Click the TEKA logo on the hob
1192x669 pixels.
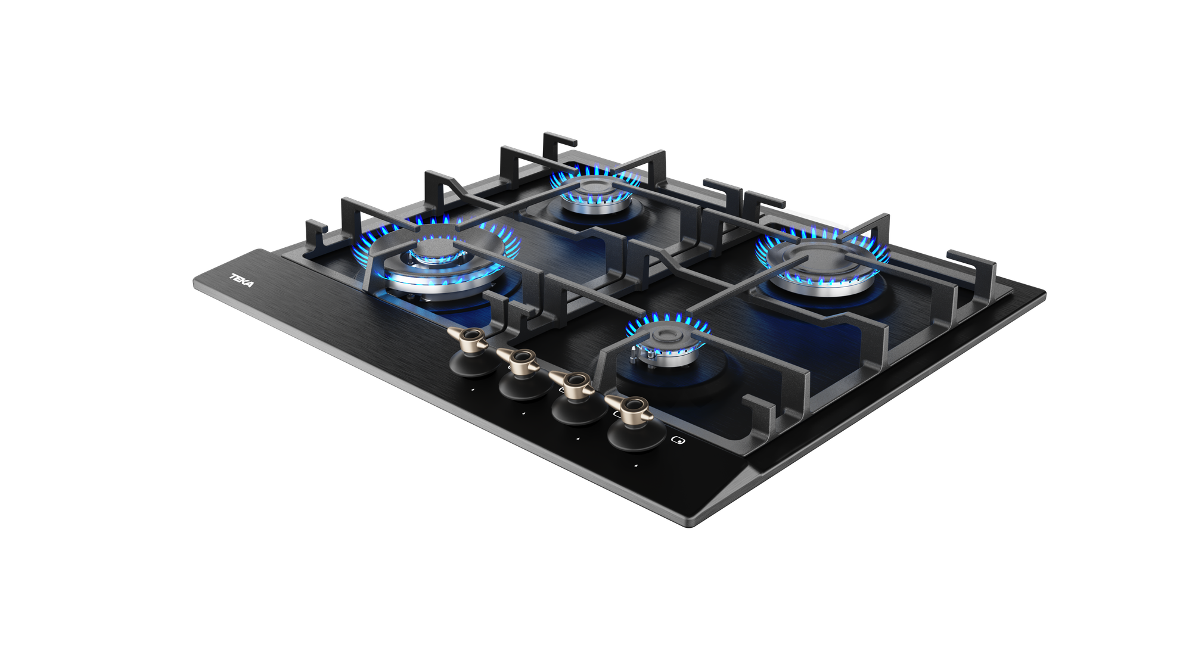[x=242, y=281]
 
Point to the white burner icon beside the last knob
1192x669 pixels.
[x=676, y=441]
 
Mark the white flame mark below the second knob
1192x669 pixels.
[x=523, y=413]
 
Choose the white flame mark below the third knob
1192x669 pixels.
[x=578, y=439]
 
